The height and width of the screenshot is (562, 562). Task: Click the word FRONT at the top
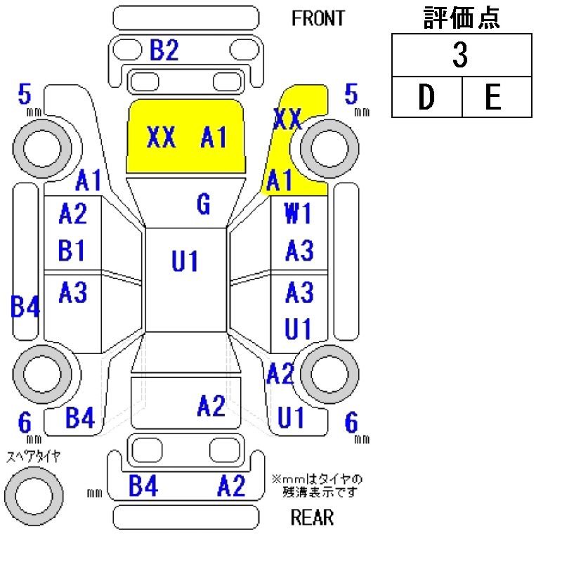318,18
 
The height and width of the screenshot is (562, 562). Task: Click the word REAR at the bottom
312,518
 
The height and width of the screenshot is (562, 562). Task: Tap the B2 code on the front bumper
164,51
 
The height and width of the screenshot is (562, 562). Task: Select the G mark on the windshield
203,204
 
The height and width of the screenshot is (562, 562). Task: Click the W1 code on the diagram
298,214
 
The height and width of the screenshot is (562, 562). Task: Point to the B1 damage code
72,250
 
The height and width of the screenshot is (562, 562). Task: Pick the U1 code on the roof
185,261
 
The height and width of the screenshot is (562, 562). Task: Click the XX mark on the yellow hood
162,138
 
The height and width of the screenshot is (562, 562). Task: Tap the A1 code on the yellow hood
214,138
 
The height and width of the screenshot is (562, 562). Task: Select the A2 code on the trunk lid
211,405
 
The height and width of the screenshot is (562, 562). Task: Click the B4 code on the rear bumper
143,486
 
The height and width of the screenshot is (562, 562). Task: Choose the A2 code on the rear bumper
231,486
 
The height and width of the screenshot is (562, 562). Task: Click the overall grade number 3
460,56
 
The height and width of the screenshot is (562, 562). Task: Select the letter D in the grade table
426,98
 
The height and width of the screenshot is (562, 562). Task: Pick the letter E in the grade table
494,98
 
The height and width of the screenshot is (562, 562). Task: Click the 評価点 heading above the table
462,18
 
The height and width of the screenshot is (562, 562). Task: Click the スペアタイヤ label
33,457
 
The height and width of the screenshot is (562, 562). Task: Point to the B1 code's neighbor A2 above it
72,214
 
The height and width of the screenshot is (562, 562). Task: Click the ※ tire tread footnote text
318,485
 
